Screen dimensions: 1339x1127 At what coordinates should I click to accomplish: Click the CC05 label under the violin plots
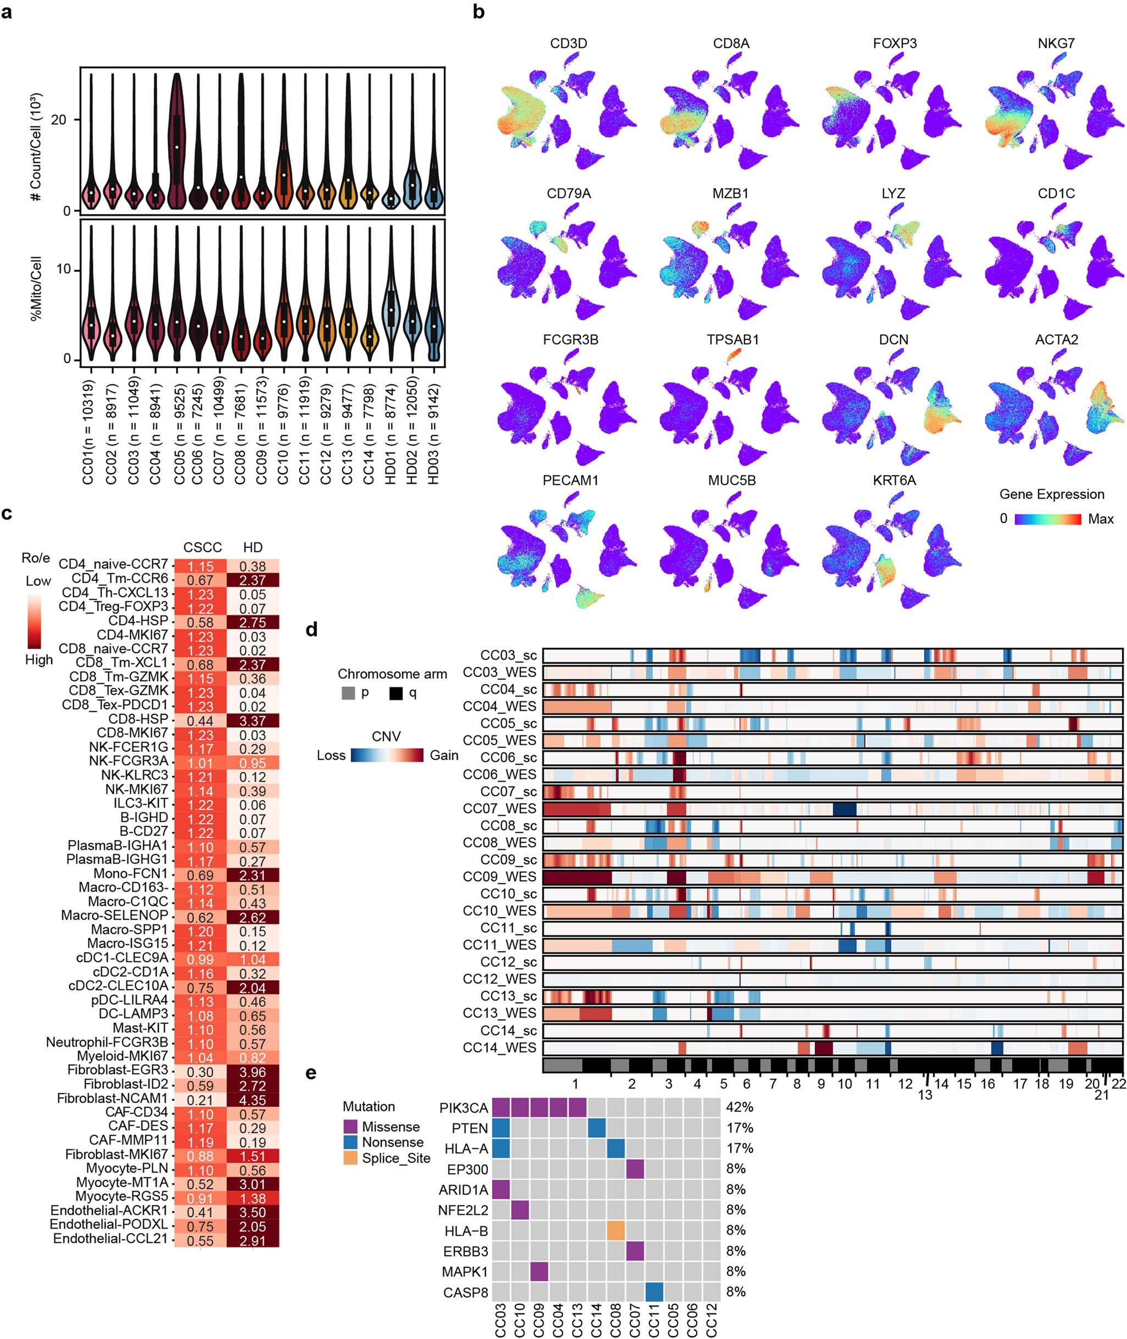click(180, 435)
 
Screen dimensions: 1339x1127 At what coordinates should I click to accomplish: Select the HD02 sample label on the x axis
click(413, 435)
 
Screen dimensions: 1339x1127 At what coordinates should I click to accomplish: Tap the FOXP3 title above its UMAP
click(895, 43)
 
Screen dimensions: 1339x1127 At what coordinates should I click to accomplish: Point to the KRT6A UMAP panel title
click(895, 480)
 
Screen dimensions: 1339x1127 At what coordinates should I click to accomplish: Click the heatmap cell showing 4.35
click(252, 1099)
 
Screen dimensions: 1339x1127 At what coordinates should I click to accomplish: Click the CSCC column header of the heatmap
click(203, 547)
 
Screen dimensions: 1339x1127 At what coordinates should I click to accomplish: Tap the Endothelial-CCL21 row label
click(110, 1238)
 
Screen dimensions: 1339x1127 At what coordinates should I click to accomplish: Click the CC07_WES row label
click(499, 809)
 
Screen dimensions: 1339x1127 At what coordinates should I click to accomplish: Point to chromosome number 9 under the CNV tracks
click(821, 1084)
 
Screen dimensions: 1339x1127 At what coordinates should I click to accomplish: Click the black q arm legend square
click(396, 692)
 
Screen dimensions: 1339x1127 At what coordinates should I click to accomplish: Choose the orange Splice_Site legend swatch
click(350, 1158)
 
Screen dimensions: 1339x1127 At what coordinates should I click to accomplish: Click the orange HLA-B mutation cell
click(616, 1230)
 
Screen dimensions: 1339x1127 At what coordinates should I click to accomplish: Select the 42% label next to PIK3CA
click(739, 1107)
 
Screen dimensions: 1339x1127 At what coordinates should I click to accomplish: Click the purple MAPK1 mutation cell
click(538, 1271)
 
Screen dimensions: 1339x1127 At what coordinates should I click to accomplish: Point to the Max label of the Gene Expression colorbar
click(1100, 519)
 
